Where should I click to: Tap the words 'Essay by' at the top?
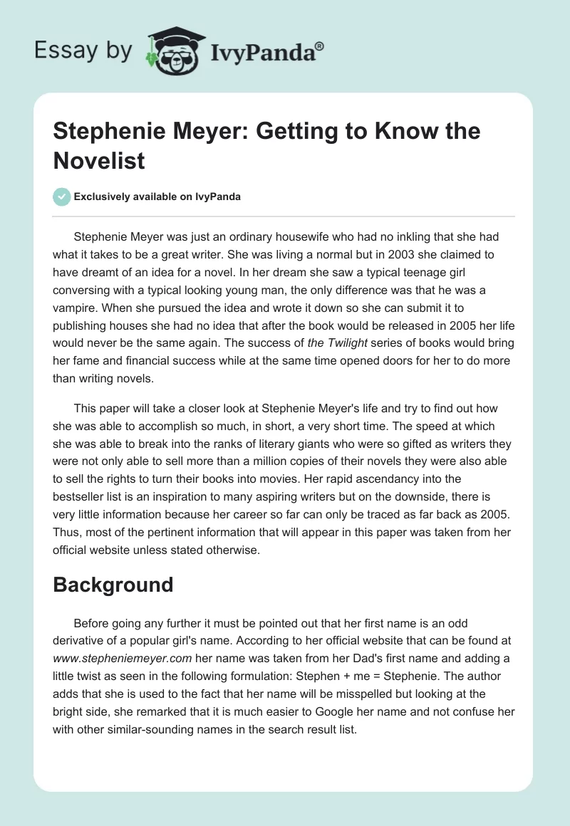coord(83,51)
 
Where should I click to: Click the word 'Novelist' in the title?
coord(99,160)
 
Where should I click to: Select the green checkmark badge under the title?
coord(63,197)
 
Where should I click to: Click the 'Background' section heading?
coord(113,585)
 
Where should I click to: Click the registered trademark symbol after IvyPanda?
coord(320,45)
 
